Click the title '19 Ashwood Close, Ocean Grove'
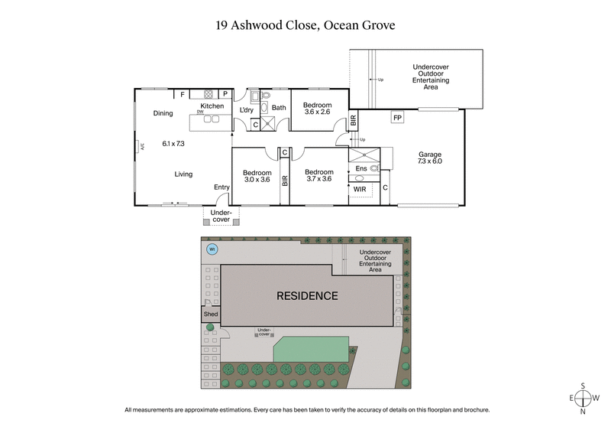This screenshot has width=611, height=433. (x=305, y=25)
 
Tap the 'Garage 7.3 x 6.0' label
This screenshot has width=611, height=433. (x=430, y=158)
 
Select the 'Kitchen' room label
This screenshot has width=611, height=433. (x=212, y=106)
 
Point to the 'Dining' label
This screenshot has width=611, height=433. (x=163, y=113)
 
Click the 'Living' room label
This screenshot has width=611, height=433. (x=183, y=174)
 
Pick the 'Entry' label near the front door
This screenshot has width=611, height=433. (x=222, y=187)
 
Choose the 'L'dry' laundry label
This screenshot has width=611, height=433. (x=247, y=109)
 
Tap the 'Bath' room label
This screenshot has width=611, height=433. (x=279, y=108)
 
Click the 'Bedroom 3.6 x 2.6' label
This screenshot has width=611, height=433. (x=317, y=109)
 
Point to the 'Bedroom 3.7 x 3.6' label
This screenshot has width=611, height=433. (x=318, y=176)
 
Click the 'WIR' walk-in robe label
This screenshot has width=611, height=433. (x=360, y=187)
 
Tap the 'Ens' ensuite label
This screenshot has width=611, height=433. (x=361, y=168)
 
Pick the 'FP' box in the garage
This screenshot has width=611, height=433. (x=397, y=118)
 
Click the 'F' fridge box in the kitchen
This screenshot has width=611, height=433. (x=182, y=94)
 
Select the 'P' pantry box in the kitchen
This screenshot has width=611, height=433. (x=225, y=94)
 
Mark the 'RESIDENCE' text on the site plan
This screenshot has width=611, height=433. (x=307, y=295)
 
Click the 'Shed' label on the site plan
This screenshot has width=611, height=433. (x=211, y=314)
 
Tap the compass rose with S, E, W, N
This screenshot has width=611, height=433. (x=584, y=399)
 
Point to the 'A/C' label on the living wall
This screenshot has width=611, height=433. (x=142, y=147)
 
